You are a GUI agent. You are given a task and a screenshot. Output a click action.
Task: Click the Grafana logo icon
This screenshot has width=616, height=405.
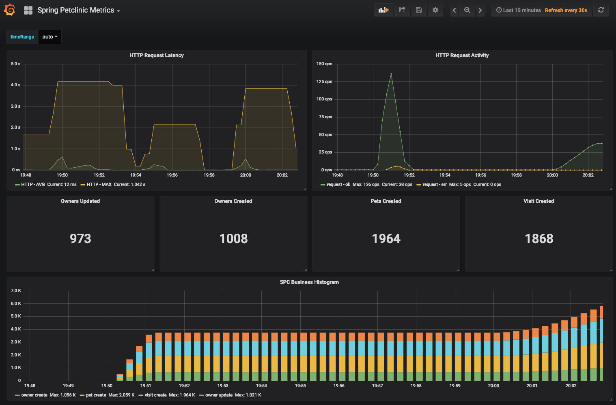9,10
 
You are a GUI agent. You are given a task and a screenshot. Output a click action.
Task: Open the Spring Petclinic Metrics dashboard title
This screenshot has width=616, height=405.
76,11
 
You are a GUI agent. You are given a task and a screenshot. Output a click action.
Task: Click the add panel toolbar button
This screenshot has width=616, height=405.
383,10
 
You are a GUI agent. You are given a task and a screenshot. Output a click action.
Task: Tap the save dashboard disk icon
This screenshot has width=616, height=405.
419,10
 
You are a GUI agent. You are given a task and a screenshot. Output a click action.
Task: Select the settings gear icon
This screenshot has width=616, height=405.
435,10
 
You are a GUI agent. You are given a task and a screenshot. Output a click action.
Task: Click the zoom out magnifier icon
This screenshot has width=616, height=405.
467,10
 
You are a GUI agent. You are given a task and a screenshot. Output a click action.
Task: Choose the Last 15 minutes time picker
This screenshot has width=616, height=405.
519,11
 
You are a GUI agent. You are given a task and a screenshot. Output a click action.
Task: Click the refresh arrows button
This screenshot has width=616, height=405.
601,10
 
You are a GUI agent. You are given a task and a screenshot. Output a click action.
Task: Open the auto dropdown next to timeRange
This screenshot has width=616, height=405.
50,37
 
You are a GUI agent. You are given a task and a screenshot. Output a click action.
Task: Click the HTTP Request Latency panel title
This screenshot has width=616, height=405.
157,55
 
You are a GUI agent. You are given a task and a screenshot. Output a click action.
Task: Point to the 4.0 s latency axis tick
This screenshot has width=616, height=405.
16,85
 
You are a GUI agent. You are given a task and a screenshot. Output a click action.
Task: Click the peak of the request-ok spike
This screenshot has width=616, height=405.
391,74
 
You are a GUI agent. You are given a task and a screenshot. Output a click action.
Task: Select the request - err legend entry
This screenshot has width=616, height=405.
434,185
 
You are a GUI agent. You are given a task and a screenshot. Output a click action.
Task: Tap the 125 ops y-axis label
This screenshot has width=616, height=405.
324,82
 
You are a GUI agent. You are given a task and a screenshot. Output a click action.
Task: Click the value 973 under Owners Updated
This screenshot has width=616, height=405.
80,239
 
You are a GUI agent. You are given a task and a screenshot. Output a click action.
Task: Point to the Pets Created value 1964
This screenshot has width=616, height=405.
386,239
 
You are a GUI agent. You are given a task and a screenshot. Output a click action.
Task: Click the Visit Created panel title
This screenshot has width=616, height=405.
538,201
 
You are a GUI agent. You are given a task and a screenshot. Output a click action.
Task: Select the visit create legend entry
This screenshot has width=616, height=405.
155,395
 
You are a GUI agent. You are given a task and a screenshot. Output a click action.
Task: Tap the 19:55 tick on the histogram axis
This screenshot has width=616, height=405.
300,386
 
